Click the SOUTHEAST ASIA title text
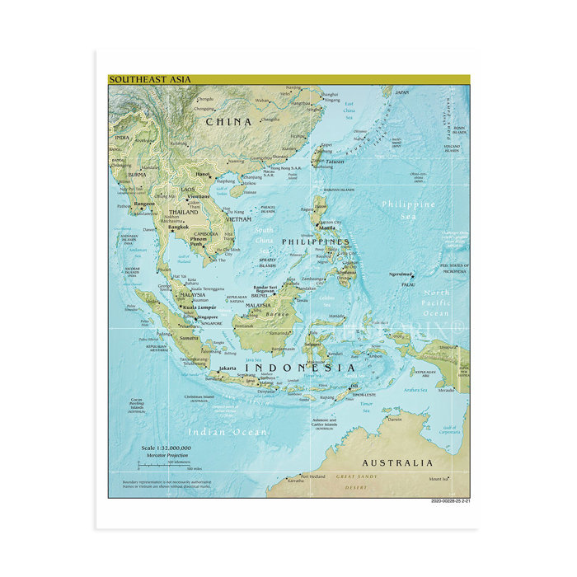150,80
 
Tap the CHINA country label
228,122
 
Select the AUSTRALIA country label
396,462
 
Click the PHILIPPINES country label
316,242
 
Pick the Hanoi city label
203,175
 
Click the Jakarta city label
228,368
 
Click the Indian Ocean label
227,432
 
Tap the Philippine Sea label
408,209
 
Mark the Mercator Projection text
162,455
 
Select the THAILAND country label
184,212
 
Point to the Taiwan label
334,162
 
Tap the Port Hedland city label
312,476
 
